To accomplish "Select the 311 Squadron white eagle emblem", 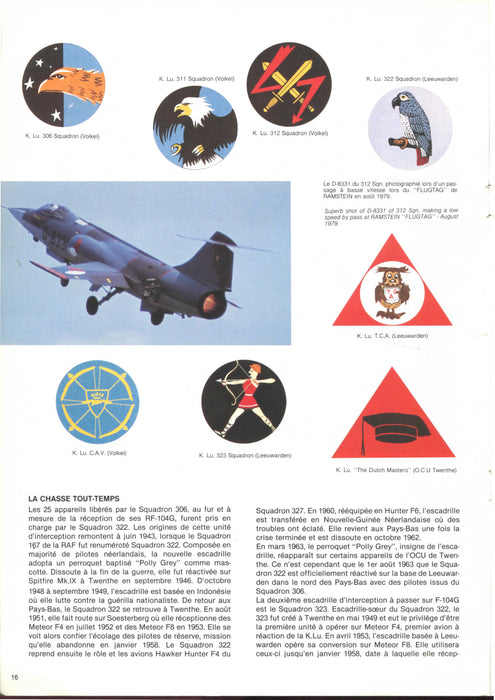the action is click(195, 126).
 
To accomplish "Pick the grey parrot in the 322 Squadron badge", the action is click(409, 125).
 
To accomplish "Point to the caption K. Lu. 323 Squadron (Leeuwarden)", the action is click(245, 455).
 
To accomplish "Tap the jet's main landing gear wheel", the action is click(157, 317).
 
